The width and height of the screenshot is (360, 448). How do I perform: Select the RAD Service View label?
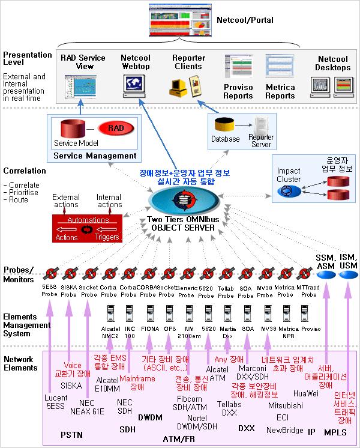[x=83, y=62]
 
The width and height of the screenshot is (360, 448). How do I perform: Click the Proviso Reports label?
[x=238, y=91]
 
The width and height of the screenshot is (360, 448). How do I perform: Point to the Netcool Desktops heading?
[x=332, y=64]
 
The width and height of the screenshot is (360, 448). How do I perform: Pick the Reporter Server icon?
[x=261, y=126]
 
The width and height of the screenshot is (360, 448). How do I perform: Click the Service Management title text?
[x=95, y=156]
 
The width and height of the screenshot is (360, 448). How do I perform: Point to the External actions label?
[x=66, y=201]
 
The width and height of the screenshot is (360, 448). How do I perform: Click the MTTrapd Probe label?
[x=308, y=291]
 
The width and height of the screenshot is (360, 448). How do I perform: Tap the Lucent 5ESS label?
[x=56, y=401]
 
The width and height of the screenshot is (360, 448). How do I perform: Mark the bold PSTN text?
[x=71, y=434]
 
